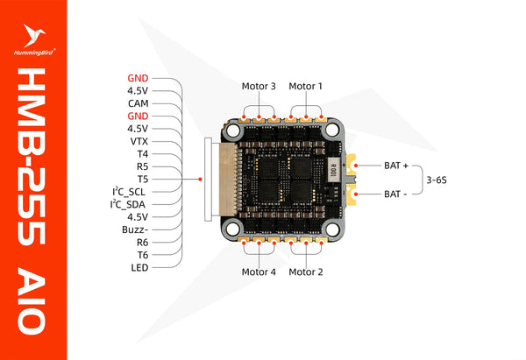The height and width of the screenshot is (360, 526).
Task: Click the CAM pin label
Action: [137, 102]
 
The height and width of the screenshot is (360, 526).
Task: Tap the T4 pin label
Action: [143, 153]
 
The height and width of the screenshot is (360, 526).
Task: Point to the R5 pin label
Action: [143, 166]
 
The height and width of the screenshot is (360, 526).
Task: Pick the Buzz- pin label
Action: [135, 229]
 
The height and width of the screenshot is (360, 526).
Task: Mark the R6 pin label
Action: [143, 242]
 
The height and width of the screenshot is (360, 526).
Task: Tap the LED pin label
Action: [139, 267]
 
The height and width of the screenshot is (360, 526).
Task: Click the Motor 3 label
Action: [259, 87]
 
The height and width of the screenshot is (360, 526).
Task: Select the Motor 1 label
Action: [306, 87]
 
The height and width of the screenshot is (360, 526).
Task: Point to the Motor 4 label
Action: [259, 272]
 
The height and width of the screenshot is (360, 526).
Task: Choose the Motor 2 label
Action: [306, 272]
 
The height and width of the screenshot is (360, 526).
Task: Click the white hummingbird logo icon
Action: [34, 36]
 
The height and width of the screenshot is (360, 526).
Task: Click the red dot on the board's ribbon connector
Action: [202, 180]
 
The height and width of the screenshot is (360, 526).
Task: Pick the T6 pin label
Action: [143, 254]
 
